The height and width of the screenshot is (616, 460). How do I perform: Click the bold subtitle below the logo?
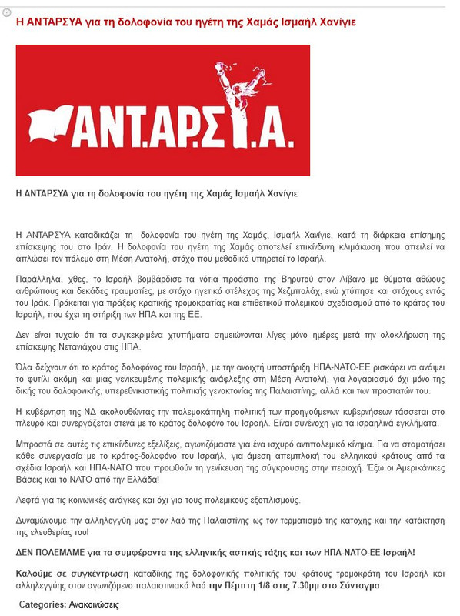click(x=156, y=193)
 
